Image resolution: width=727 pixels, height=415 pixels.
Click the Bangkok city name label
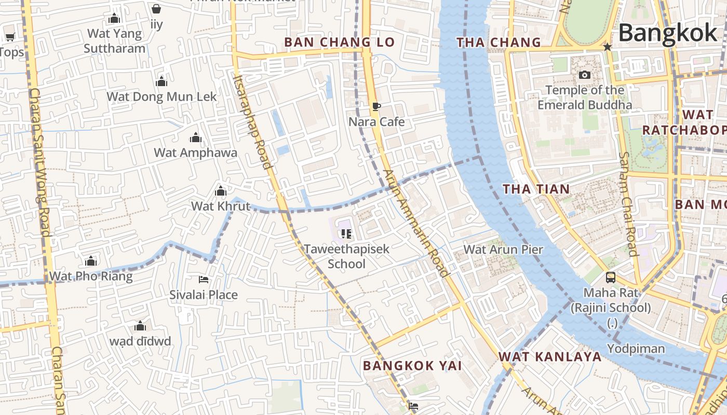pyautogui.click(x=668, y=33)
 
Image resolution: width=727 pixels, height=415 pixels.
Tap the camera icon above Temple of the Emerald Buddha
pyautogui.click(x=585, y=75)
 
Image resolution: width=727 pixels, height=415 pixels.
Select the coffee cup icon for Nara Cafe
pyautogui.click(x=376, y=107)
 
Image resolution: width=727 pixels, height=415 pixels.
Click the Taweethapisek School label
pyautogui.click(x=346, y=256)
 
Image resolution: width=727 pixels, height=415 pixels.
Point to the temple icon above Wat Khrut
pyautogui.click(x=221, y=191)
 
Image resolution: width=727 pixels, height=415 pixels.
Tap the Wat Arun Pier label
pyautogui.click(x=503, y=249)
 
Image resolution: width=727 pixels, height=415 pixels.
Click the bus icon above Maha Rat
pyautogui.click(x=611, y=278)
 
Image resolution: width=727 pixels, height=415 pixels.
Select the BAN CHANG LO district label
pyautogui.click(x=340, y=43)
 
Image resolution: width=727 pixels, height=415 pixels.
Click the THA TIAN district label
pyautogui.click(x=536, y=189)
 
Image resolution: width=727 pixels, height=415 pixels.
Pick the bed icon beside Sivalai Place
pyautogui.click(x=204, y=280)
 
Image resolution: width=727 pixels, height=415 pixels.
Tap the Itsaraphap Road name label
pyautogui.click(x=252, y=122)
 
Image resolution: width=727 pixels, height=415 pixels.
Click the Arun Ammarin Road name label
pyautogui.click(x=415, y=223)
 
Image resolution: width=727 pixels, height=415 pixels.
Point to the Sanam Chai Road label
pyautogui.click(x=628, y=204)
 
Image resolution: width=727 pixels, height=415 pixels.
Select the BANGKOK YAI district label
pyautogui.click(x=412, y=365)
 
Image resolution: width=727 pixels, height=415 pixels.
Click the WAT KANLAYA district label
pyautogui.click(x=550, y=356)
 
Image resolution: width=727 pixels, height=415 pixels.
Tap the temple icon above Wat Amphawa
pyautogui.click(x=196, y=137)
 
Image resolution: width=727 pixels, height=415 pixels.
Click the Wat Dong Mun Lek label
pyautogui.click(x=161, y=96)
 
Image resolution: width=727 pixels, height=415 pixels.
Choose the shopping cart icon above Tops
pyautogui.click(x=10, y=37)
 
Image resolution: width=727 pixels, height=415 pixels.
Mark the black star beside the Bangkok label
pyautogui.click(x=607, y=47)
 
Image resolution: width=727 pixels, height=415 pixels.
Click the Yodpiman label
pyautogui.click(x=636, y=348)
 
